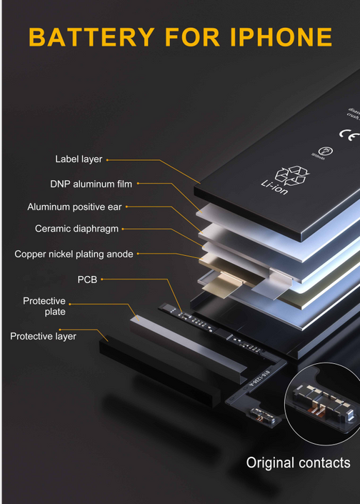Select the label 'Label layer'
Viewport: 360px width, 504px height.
79,159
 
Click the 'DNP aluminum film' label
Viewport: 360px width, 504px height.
91,184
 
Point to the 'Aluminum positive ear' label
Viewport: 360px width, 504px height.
74,207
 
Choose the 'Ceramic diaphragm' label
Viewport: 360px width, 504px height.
76,229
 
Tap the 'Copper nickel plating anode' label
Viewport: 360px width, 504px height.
74,254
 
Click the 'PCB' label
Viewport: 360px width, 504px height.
87,279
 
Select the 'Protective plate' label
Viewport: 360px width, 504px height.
44,306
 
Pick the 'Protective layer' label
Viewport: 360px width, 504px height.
43,336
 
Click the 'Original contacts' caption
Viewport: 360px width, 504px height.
298,463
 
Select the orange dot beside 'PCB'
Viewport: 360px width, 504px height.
103,279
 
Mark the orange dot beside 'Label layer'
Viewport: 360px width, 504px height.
108,159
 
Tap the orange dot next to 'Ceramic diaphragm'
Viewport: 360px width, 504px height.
124,229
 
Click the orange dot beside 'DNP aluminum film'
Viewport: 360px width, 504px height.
139,184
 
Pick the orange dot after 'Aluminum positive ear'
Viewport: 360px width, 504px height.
128,207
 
